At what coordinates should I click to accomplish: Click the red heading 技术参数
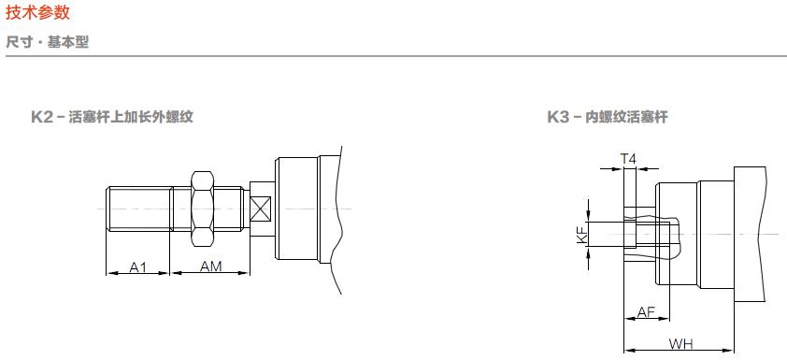coord(37,12)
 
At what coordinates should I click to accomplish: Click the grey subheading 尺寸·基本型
coord(47,42)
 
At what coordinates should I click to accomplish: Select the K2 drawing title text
coord(112,117)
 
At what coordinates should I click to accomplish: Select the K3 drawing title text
coord(608,117)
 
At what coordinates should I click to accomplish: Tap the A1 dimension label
coord(138,266)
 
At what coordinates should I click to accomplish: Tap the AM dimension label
coord(211,266)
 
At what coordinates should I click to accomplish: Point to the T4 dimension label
coord(628,159)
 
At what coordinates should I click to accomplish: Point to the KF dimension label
coord(581,235)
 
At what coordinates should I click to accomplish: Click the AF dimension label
coord(647,312)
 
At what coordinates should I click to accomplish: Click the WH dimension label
coord(680,344)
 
